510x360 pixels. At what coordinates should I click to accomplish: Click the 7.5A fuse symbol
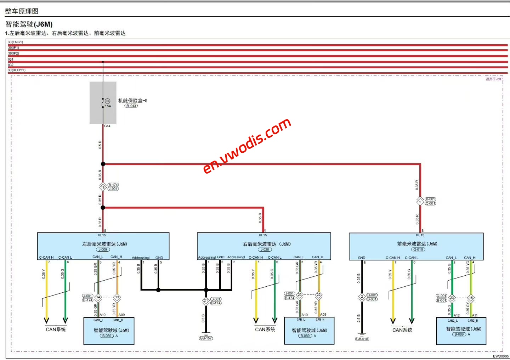(x=103, y=103)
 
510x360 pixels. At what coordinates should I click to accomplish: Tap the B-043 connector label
(x=131, y=106)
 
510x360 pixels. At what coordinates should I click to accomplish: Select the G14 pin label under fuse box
(x=107, y=126)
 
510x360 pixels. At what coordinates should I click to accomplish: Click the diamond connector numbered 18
(x=103, y=187)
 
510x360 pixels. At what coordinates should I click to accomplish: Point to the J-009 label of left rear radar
(x=103, y=249)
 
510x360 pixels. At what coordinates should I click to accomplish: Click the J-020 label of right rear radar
(x=265, y=249)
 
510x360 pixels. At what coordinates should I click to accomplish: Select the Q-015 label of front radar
(x=418, y=249)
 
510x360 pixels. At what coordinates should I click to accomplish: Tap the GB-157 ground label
(x=206, y=338)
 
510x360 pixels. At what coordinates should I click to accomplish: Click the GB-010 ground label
(x=362, y=339)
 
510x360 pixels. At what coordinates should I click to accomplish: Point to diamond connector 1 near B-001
(x=420, y=202)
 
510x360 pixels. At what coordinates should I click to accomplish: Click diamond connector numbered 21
(x=206, y=301)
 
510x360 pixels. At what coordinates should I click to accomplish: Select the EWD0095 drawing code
(x=500, y=356)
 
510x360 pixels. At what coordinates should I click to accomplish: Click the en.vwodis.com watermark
(x=247, y=146)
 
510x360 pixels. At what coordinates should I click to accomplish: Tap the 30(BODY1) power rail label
(x=17, y=70)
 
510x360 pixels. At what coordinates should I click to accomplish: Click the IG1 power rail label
(x=11, y=59)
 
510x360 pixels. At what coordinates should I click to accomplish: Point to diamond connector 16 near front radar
(x=471, y=298)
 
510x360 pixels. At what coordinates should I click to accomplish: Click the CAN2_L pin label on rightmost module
(x=453, y=321)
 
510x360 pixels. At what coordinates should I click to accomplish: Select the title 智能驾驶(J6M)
(x=29, y=24)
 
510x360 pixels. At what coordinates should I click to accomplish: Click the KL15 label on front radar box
(x=420, y=235)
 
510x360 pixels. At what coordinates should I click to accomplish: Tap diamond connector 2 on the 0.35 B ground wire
(x=362, y=297)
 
